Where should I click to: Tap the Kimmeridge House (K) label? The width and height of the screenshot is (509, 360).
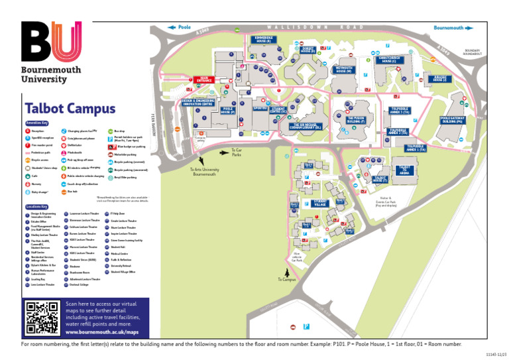click(x=263, y=39)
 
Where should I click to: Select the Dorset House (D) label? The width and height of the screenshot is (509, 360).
click(x=308, y=49)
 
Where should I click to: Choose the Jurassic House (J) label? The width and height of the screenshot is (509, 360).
click(x=439, y=79)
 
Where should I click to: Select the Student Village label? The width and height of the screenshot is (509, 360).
click(x=320, y=203)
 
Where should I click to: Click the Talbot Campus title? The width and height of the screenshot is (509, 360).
click(x=70, y=108)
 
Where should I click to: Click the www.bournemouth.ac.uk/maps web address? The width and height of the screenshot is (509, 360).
click(x=102, y=331)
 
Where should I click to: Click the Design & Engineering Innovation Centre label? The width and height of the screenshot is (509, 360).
click(x=198, y=103)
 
